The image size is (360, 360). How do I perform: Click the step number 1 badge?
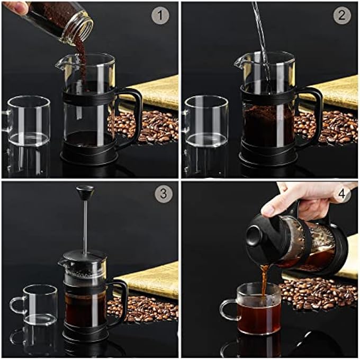[160, 15]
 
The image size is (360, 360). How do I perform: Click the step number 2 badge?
[342, 15]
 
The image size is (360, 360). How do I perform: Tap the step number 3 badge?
[163, 194]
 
